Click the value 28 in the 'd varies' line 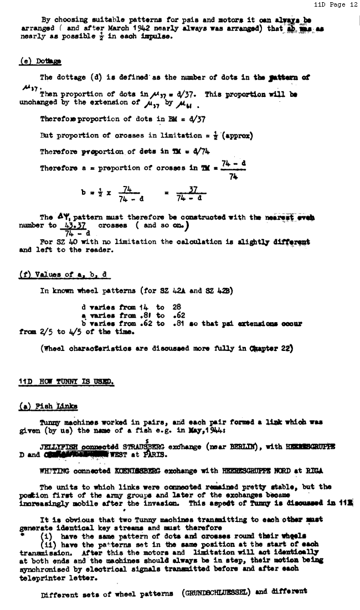click(x=177, y=307)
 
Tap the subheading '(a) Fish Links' click(x=48, y=407)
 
